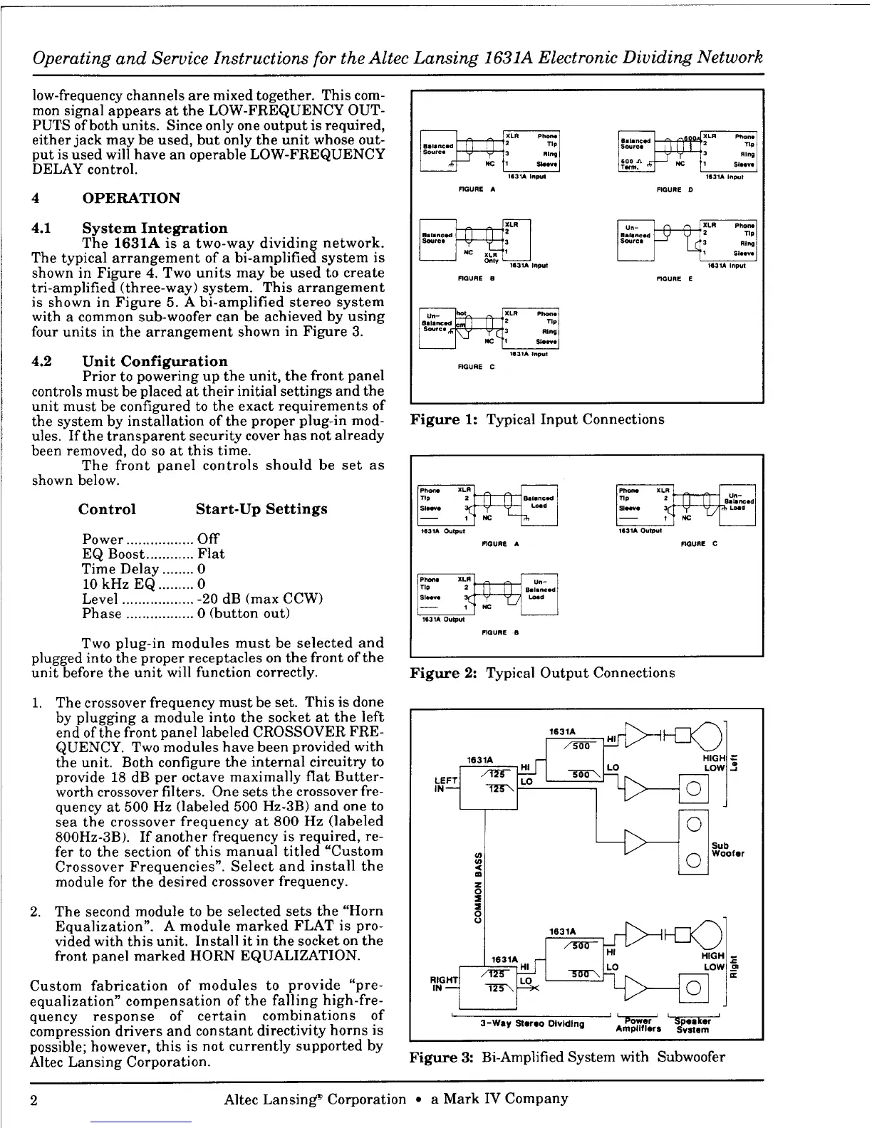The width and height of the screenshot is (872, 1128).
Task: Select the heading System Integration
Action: click(x=155, y=228)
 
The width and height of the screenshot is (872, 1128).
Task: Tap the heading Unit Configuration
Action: click(x=155, y=361)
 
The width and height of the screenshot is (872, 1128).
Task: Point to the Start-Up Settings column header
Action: click(x=261, y=509)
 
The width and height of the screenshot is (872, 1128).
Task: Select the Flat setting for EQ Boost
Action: click(x=211, y=554)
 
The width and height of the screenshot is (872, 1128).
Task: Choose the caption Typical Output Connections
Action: click(x=580, y=673)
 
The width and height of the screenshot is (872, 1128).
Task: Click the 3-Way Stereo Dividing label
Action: click(x=531, y=1024)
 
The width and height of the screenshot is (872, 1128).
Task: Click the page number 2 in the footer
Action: click(x=36, y=1099)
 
